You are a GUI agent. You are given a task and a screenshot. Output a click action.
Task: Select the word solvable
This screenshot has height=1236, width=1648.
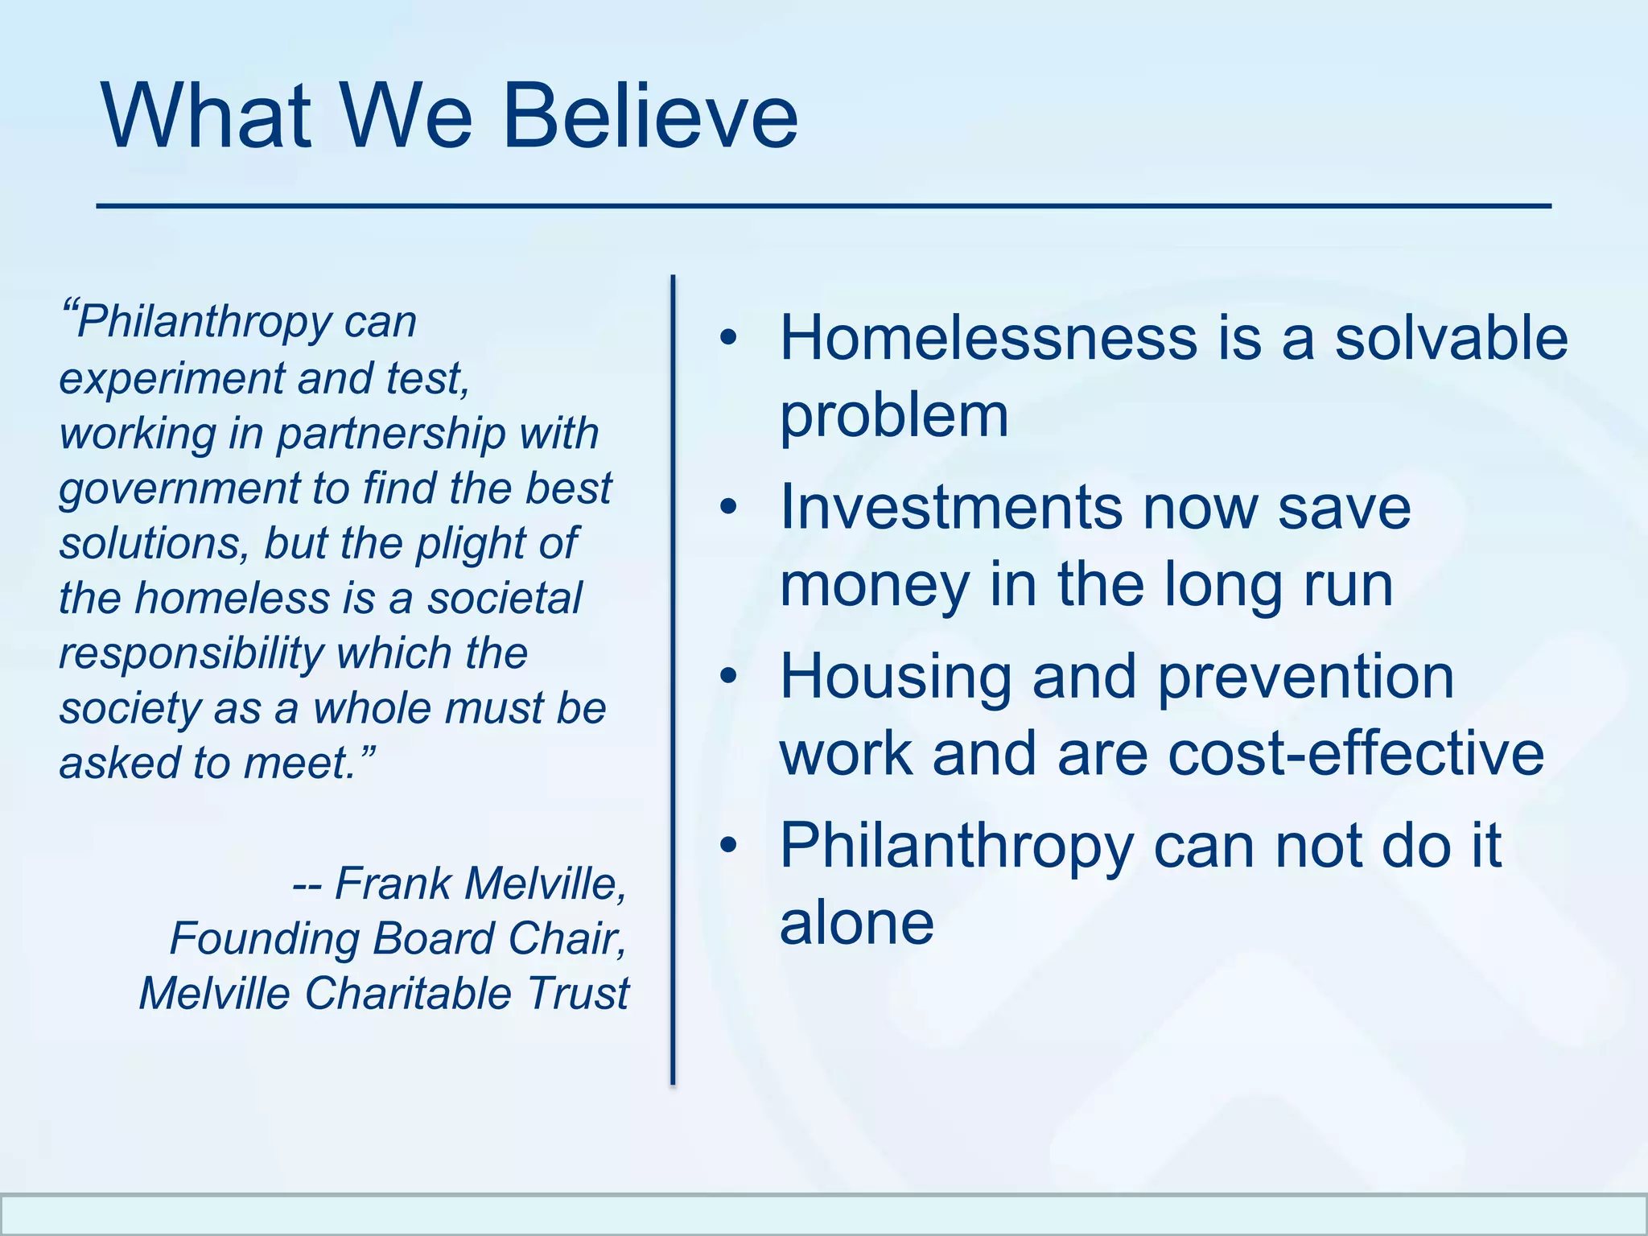point(1451,338)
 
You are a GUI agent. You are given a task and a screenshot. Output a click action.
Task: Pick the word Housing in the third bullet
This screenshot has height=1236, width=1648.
point(896,677)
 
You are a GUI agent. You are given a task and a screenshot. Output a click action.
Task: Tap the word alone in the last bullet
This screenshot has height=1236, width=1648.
point(856,923)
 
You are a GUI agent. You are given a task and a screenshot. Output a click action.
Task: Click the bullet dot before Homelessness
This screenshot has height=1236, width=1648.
point(728,338)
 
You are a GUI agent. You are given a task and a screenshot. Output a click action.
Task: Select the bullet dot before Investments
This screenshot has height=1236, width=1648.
point(728,508)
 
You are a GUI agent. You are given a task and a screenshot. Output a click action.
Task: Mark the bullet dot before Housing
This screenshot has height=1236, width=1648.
point(728,677)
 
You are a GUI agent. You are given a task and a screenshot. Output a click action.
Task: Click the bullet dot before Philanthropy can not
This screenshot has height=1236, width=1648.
point(728,846)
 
